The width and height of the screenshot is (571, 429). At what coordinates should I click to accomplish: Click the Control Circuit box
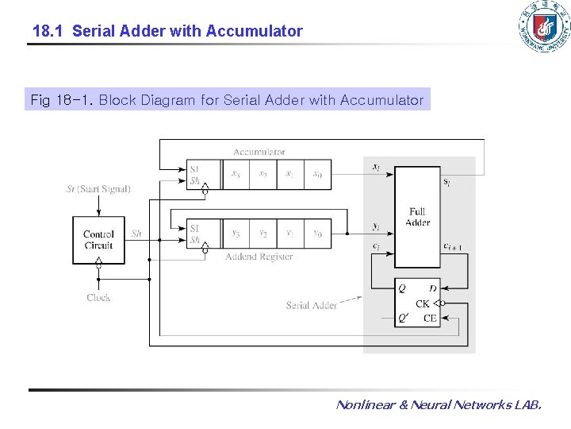click(98, 240)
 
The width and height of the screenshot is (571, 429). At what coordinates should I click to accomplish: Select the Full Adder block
click(417, 217)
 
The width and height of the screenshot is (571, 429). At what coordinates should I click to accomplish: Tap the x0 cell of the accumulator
click(317, 175)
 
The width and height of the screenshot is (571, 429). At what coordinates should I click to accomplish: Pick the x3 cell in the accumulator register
click(236, 175)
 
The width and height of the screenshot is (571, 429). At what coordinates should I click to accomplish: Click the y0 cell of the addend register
click(317, 234)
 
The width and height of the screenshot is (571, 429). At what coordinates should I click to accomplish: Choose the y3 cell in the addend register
click(236, 234)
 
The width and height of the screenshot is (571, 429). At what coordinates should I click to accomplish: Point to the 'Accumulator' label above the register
click(259, 152)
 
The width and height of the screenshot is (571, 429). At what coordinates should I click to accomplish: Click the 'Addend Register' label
click(259, 257)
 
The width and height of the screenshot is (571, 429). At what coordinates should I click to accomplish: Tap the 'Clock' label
click(98, 297)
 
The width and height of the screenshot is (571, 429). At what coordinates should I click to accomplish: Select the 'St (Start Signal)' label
click(98, 189)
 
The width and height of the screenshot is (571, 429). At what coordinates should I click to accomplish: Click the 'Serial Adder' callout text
click(311, 305)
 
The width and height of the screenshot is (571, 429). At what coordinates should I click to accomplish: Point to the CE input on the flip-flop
click(430, 318)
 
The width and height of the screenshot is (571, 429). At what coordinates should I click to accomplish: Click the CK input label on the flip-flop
click(423, 303)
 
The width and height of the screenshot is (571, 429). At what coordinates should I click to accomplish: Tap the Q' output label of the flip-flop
click(404, 318)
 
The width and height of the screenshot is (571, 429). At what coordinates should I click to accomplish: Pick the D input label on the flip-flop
click(432, 288)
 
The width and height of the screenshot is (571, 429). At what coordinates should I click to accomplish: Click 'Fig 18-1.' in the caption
click(61, 100)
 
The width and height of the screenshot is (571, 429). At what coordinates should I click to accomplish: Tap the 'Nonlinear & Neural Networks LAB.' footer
click(439, 405)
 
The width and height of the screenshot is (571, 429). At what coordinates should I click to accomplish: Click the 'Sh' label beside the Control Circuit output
click(136, 234)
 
